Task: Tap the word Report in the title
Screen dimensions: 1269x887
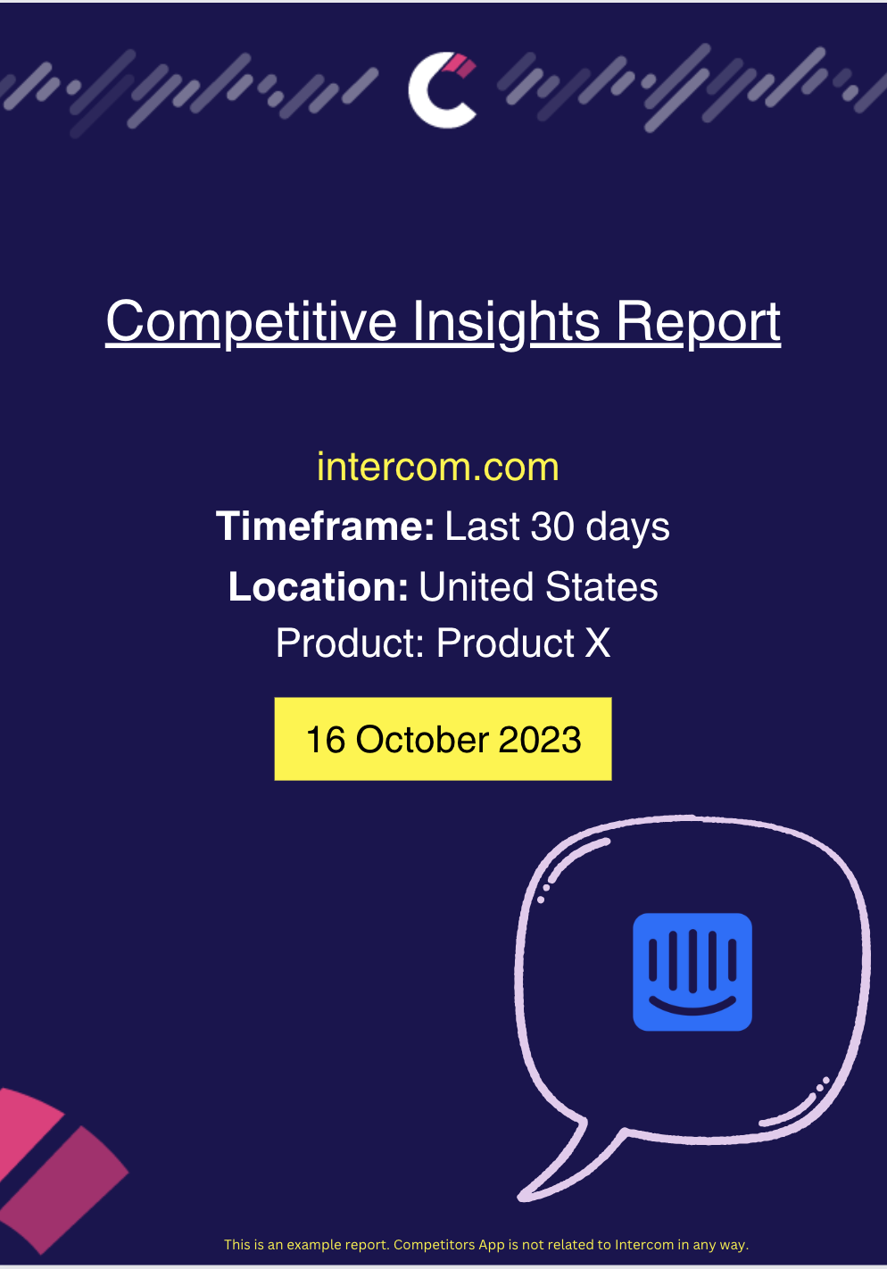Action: click(699, 322)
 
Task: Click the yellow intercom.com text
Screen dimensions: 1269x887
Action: click(438, 467)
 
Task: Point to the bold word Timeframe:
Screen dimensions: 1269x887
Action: click(325, 527)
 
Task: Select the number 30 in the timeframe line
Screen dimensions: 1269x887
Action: click(552, 527)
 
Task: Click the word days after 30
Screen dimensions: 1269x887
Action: click(629, 527)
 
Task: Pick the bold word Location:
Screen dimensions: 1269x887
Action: click(319, 587)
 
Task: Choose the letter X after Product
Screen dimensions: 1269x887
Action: click(598, 643)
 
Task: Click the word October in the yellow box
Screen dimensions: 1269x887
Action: click(422, 740)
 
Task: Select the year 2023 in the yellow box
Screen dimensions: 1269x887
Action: click(540, 740)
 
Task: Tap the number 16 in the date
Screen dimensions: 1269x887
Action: click(326, 740)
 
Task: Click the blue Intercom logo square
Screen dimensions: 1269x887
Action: click(692, 972)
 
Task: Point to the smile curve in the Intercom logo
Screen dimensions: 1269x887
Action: click(692, 1008)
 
